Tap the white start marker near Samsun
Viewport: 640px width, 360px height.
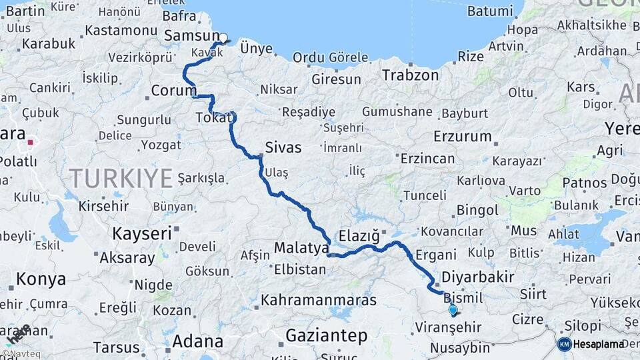(x=223, y=38)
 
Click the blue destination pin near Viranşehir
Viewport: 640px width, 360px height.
(x=453, y=309)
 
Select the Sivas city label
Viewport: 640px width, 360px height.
(x=283, y=147)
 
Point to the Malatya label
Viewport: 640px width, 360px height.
(x=301, y=249)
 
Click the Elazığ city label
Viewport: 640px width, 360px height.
(x=359, y=235)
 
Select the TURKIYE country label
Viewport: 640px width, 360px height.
(x=121, y=178)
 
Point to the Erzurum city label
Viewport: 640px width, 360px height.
(x=462, y=137)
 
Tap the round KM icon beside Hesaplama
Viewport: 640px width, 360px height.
(x=564, y=344)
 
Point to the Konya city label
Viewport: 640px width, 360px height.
(x=41, y=279)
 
